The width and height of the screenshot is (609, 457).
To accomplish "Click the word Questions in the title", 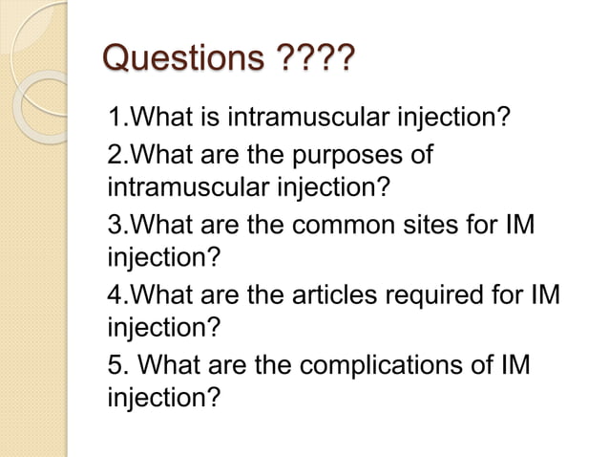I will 181,65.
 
